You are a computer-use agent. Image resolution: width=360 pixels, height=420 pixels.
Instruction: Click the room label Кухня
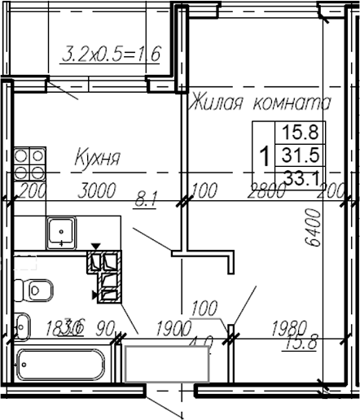click(x=98, y=156)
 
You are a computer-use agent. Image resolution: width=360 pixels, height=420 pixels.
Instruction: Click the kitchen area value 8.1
click(x=147, y=195)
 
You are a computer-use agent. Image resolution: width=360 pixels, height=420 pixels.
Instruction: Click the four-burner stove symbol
click(x=29, y=162)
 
